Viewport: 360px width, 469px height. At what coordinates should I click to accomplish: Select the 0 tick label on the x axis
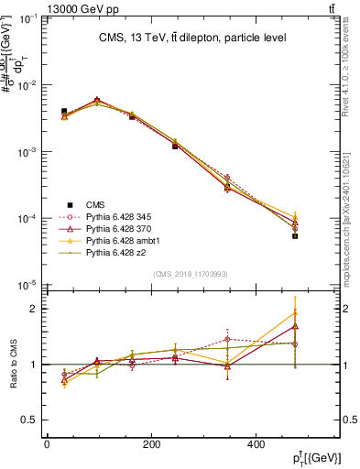click(x=47, y=444)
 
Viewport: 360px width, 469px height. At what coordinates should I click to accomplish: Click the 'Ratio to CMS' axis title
click(x=13, y=364)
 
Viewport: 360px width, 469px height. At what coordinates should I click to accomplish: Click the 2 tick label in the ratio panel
click(x=35, y=309)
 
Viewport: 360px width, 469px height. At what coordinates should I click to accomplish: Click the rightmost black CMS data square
click(x=321, y=235)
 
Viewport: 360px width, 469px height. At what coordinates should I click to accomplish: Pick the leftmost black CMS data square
click(x=64, y=111)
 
